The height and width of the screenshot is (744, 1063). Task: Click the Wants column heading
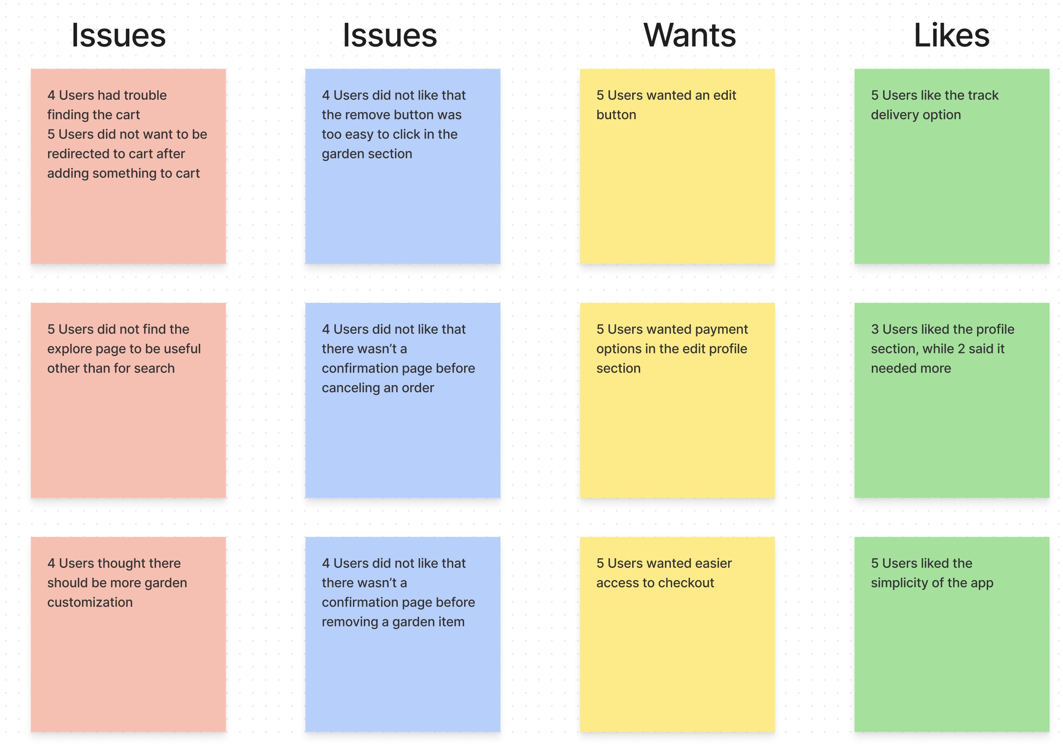point(689,35)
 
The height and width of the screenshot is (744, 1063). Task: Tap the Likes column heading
point(951,35)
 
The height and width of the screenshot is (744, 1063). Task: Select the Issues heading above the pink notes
point(118,35)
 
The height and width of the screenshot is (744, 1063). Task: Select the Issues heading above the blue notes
point(390,35)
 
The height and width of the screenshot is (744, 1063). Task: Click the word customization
point(90,602)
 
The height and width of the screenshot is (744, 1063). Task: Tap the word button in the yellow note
point(616,115)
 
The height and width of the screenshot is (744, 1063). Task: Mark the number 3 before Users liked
point(875,329)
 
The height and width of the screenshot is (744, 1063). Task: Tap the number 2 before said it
point(961,349)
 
